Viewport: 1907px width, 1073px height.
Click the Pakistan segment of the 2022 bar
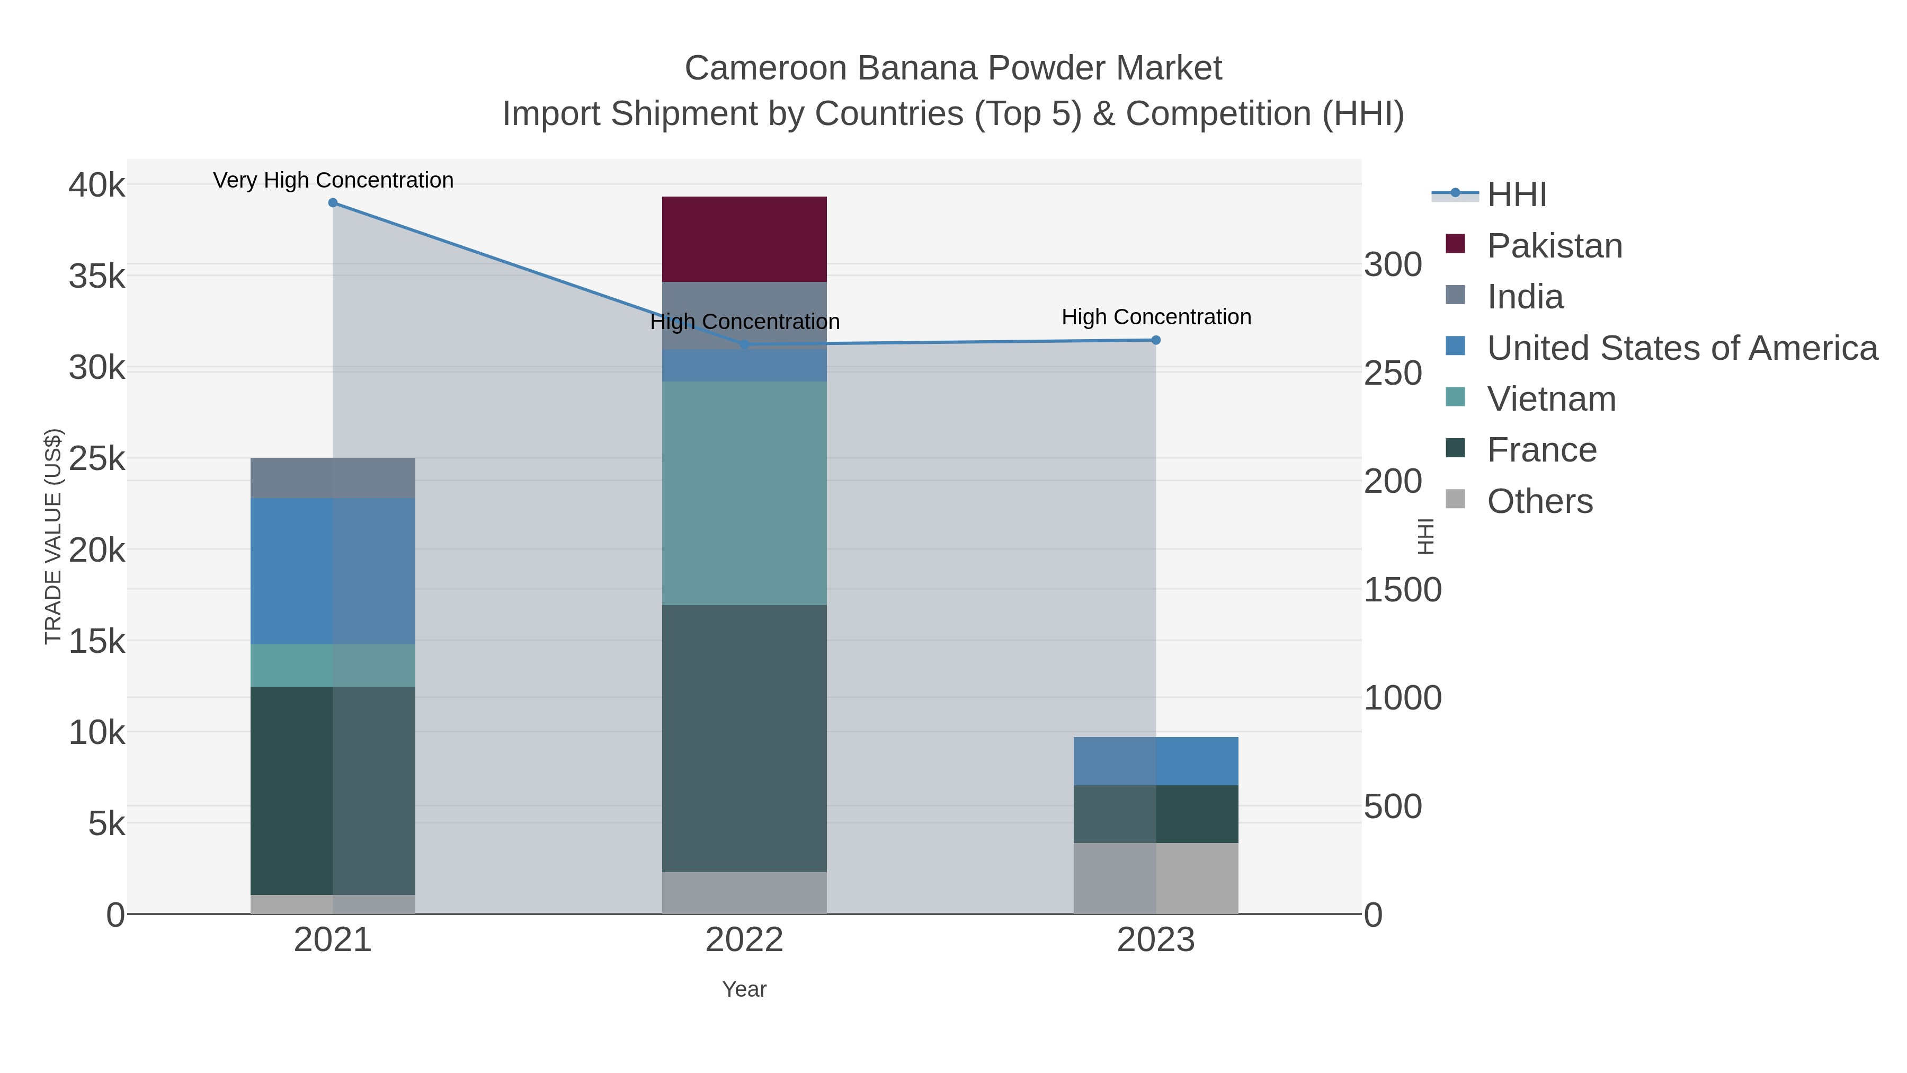744,239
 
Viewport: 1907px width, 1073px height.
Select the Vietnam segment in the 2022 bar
744,493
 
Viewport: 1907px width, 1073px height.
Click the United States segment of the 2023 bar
1156,760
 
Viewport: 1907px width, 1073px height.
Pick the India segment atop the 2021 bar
332,477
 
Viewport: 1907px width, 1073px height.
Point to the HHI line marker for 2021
332,203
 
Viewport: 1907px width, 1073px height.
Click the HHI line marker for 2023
1156,340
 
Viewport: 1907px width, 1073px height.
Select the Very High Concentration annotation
333,180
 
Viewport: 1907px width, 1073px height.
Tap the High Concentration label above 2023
1156,317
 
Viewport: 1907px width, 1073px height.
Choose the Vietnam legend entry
1551,399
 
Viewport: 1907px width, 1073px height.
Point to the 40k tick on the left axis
97,184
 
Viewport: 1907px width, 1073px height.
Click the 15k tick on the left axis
97,641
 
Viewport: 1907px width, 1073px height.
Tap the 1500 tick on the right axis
1402,590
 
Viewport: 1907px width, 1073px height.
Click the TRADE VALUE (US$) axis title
54,536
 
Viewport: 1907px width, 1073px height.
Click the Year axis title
744,989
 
